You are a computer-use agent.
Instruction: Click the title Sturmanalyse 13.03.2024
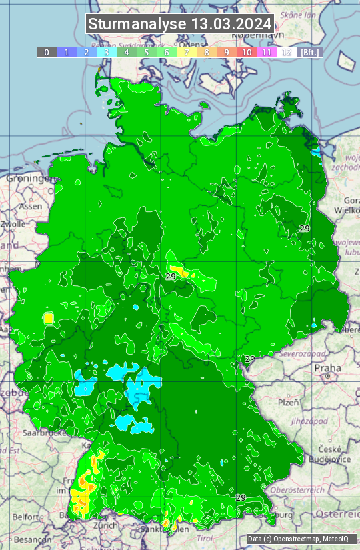click(180, 24)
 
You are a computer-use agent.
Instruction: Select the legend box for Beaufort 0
click(46, 52)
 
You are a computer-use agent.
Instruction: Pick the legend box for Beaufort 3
click(106, 52)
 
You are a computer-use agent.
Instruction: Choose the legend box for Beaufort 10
click(246, 52)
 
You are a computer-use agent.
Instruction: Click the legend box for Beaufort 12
click(286, 52)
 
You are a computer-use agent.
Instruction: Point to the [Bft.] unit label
click(309, 52)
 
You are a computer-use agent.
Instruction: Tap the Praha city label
click(327, 368)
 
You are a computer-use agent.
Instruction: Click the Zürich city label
click(105, 525)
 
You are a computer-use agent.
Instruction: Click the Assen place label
click(31, 207)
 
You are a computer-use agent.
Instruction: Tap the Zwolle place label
click(13, 224)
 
